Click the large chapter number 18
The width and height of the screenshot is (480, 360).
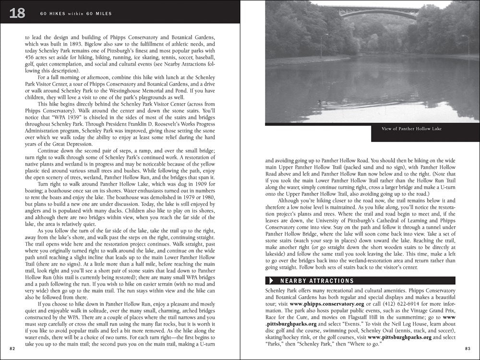point(17,13)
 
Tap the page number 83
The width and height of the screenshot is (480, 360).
point(468,348)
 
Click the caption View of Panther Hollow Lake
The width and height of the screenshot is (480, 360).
point(411,129)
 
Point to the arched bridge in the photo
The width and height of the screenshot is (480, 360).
point(379,12)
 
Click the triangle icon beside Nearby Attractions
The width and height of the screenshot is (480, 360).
point(272,281)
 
